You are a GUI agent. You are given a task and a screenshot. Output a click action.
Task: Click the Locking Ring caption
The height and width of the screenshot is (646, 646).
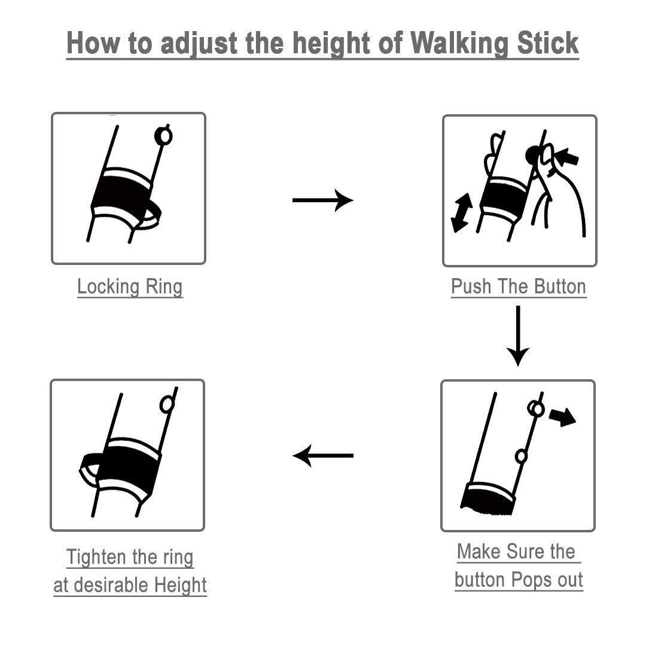click(x=130, y=287)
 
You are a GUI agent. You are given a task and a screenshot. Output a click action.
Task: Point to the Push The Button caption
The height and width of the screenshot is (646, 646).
click(x=519, y=287)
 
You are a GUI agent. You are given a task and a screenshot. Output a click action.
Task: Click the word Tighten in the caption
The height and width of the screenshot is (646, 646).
click(x=97, y=557)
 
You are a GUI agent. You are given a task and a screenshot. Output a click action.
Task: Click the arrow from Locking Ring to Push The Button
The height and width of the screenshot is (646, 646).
click(x=322, y=200)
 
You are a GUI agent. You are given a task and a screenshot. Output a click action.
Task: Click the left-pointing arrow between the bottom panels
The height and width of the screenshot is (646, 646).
click(x=323, y=456)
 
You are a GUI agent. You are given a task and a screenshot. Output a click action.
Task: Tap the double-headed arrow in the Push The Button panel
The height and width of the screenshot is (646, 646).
click(x=462, y=212)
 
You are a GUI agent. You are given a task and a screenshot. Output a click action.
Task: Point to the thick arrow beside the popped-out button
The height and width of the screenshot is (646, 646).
click(x=562, y=417)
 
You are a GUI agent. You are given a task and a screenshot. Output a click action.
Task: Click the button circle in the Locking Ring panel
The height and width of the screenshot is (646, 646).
click(x=163, y=136)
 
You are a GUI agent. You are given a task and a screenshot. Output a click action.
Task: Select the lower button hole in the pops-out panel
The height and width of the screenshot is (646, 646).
click(x=521, y=456)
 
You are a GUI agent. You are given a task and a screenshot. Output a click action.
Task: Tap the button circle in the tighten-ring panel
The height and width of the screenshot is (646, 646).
click(x=167, y=404)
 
